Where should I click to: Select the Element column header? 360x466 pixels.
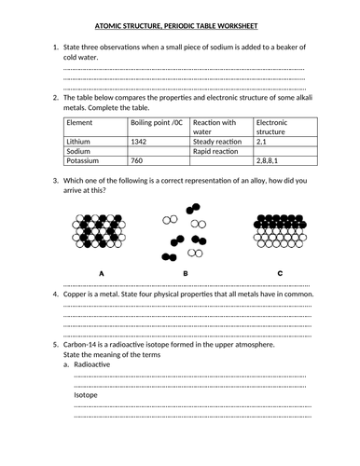(x=80, y=122)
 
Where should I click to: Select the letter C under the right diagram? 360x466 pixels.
(x=279, y=272)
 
